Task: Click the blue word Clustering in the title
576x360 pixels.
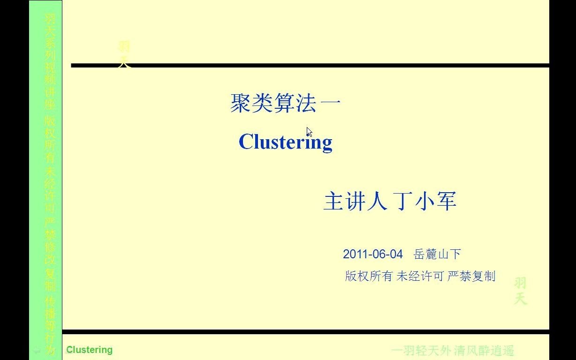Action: (x=285, y=142)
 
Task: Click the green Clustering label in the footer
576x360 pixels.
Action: (x=89, y=350)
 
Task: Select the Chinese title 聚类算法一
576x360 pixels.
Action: (x=285, y=103)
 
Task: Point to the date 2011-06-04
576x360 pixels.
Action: (x=372, y=254)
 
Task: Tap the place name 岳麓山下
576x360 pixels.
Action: (x=437, y=255)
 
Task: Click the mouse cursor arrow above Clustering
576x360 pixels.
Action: (x=309, y=132)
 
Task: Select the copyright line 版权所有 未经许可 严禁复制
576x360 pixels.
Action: (x=420, y=276)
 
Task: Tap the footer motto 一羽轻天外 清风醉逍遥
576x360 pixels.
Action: (x=453, y=351)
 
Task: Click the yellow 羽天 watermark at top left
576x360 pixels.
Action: (x=124, y=54)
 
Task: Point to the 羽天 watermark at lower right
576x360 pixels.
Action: (x=520, y=291)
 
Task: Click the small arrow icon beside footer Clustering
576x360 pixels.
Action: (x=37, y=350)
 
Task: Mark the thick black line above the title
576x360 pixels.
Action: (x=310, y=66)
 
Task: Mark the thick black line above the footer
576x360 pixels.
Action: (x=305, y=332)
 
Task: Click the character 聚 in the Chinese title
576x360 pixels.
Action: (x=240, y=103)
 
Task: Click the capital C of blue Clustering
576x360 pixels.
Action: (x=246, y=142)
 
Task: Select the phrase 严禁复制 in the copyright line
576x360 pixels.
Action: (x=471, y=276)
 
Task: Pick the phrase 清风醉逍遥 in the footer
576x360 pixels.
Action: (x=484, y=351)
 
